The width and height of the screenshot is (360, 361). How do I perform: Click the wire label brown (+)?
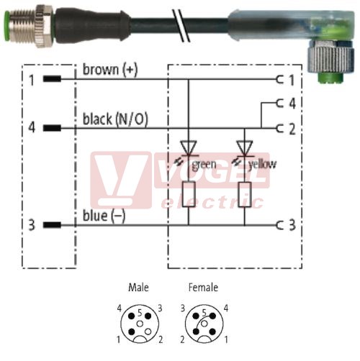tap(110, 70)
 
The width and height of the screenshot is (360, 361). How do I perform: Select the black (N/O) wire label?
tap(115, 119)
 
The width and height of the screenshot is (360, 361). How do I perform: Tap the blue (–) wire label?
tap(104, 216)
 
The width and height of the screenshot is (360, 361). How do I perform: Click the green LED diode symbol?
tap(189, 148)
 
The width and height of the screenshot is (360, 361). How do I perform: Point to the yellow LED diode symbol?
tap(245, 148)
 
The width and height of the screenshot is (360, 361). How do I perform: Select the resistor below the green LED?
tap(189, 194)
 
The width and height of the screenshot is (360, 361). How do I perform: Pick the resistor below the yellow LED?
tap(245, 194)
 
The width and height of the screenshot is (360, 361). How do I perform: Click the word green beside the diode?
tap(204, 165)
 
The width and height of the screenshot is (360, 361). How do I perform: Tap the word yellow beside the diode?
tap(262, 165)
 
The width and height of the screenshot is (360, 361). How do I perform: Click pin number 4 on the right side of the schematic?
tap(292, 104)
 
